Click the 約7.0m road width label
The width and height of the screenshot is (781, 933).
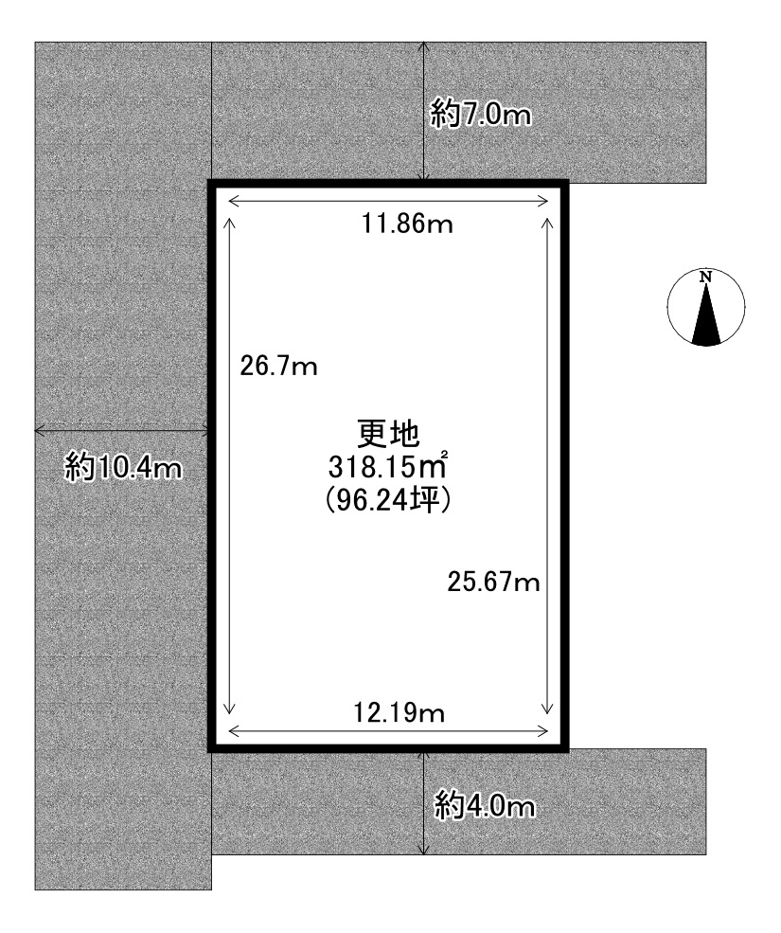481,115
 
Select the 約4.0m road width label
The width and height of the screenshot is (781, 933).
484,807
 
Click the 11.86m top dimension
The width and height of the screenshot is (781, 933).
408,224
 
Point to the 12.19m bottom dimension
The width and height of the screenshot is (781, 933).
399,712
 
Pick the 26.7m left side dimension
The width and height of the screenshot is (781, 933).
278,367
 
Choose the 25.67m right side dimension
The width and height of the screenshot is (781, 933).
494,582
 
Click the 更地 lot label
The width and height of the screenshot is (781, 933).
388,435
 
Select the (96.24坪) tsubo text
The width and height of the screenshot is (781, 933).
388,501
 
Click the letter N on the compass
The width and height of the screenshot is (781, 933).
706,277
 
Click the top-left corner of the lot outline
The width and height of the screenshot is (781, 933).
210,183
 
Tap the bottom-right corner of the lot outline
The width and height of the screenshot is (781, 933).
566,750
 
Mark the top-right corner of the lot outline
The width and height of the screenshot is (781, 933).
566,183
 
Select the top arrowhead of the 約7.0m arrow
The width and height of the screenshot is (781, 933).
423,44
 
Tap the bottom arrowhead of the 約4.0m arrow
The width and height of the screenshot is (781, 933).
423,853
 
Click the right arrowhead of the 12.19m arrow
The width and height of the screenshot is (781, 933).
546,731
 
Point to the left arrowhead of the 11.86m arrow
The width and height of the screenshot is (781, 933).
230,202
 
